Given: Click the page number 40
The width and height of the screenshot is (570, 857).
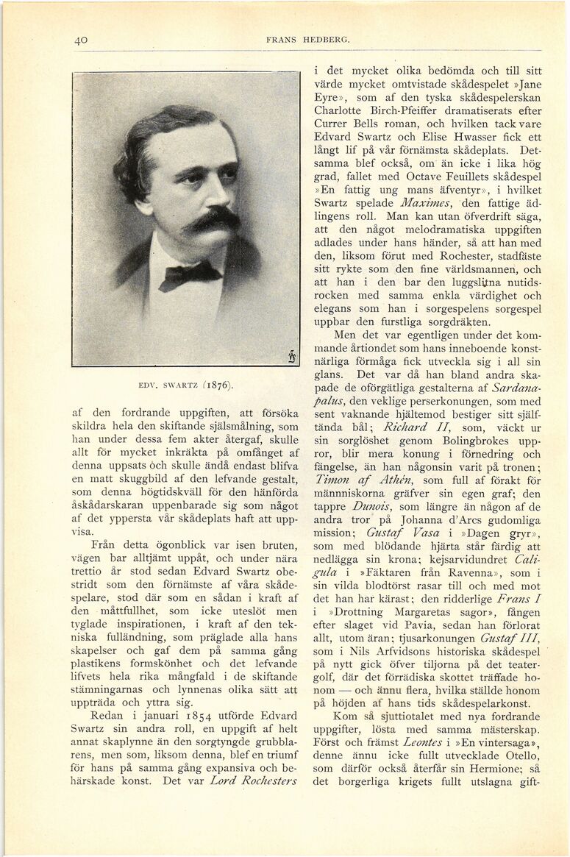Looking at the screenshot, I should coord(81,40).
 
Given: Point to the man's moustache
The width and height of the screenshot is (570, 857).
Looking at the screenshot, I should coord(211,219).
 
